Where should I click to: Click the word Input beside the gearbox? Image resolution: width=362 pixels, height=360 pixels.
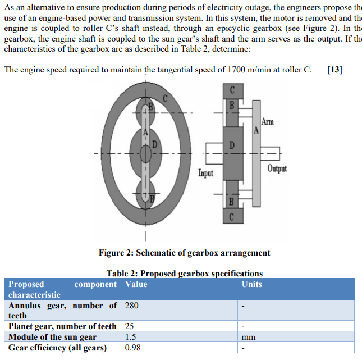[x=206, y=173]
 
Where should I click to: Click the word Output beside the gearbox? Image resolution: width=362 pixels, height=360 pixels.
[x=277, y=168]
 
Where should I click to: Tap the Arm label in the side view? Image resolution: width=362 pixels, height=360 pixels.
[x=268, y=121]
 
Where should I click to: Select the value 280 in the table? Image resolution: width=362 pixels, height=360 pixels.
[x=131, y=306]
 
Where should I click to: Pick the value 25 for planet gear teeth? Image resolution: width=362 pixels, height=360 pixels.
[x=129, y=326]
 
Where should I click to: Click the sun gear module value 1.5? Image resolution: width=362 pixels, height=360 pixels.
[x=130, y=337]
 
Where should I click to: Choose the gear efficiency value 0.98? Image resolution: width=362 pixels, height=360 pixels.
[x=132, y=348]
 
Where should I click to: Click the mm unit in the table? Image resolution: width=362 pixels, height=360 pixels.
[x=249, y=338]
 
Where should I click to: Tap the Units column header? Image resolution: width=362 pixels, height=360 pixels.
[x=251, y=284]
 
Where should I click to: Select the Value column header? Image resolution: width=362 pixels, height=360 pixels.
[x=136, y=284]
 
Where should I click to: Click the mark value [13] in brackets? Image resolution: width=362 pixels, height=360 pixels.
[x=334, y=70]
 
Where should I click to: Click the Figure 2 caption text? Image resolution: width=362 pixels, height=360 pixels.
[x=185, y=253]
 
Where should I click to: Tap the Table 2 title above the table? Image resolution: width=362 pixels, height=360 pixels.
[x=185, y=274]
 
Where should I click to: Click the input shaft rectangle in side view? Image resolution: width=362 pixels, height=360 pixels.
[x=214, y=154]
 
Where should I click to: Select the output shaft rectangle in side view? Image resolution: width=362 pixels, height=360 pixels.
[x=270, y=153]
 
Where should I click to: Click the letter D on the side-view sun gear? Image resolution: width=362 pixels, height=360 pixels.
[x=232, y=145]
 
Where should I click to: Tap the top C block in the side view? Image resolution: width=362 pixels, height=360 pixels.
[x=233, y=92]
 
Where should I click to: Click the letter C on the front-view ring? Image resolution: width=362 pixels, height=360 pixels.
[x=166, y=98]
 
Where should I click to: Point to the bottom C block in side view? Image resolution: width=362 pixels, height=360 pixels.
[x=233, y=216]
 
